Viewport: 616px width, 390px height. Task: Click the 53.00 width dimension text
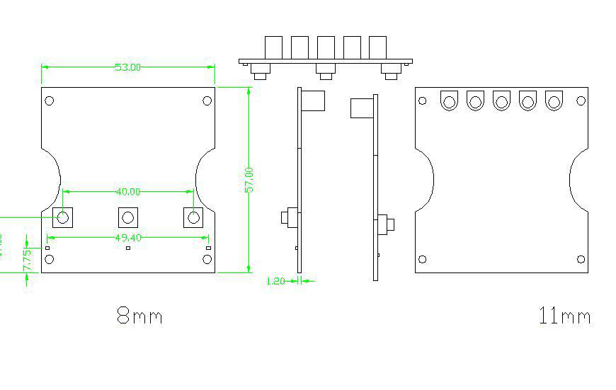[x=127, y=67]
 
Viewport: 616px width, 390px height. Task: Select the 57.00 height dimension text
[x=249, y=179]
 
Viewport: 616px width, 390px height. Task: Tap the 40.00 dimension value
[x=127, y=192]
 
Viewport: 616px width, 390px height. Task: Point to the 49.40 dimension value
[x=127, y=238]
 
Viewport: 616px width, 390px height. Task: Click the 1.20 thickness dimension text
[x=275, y=281]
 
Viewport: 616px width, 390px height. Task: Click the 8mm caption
[x=139, y=316]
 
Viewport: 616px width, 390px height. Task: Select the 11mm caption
[x=564, y=316]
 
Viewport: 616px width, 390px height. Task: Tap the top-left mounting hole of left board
[x=50, y=100]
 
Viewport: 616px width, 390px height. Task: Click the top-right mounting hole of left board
[x=207, y=100]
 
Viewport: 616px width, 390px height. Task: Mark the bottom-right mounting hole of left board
[x=207, y=260]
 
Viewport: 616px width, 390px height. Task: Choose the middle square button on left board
[x=127, y=217]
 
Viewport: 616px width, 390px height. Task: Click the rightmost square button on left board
[x=193, y=217]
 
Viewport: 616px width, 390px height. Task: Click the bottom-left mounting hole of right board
[x=423, y=260]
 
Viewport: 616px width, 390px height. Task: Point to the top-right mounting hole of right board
[x=581, y=101]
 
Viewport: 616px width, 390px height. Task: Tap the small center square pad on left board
[x=128, y=248]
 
